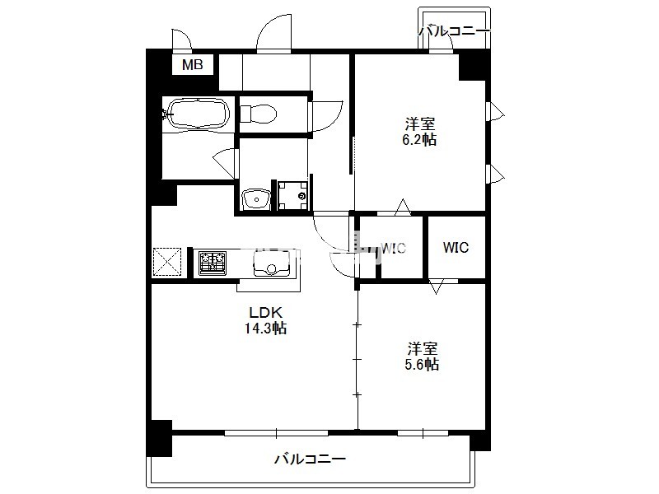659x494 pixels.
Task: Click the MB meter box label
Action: (193, 65)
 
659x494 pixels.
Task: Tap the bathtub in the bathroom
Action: (199, 114)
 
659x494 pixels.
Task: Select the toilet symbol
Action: (258, 113)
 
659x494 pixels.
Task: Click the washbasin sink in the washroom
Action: (256, 198)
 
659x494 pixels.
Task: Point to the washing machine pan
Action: (293, 195)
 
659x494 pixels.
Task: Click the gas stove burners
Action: (213, 263)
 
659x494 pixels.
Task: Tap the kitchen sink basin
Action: (272, 264)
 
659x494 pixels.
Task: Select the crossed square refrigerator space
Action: (167, 262)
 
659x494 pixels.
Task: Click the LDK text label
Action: (265, 313)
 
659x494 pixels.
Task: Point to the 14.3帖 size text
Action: (265, 328)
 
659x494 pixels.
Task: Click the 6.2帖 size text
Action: (419, 139)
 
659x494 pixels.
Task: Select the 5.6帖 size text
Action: (422, 364)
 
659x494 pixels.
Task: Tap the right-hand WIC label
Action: (456, 248)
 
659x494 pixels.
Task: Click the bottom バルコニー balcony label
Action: (311, 459)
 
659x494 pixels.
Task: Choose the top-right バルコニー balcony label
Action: (455, 31)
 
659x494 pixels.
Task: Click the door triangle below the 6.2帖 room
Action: (403, 207)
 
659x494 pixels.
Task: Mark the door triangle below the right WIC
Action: (436, 286)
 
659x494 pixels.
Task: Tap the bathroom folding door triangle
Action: (225, 163)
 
